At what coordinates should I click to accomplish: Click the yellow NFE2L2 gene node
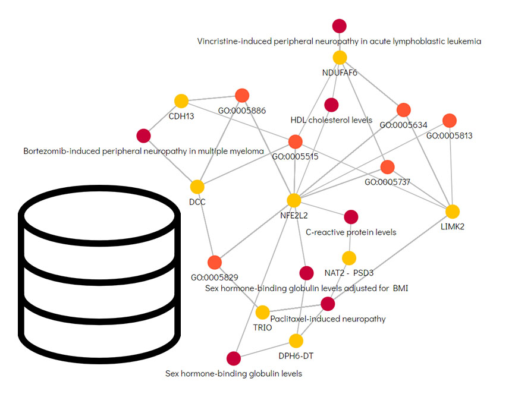pyautogui.click(x=294, y=200)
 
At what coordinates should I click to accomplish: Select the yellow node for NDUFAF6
pyautogui.click(x=340, y=58)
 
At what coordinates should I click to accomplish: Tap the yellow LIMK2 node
pyautogui.click(x=453, y=211)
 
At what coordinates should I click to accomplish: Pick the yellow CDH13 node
pyautogui.click(x=181, y=101)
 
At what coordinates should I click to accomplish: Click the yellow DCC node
pyautogui.click(x=197, y=187)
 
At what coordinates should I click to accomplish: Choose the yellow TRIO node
pyautogui.click(x=262, y=312)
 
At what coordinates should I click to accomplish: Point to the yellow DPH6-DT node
pyautogui.click(x=296, y=341)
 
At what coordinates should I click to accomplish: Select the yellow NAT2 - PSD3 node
pyautogui.click(x=349, y=258)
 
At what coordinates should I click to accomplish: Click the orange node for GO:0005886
pyautogui.click(x=242, y=95)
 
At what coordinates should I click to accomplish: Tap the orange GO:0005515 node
pyautogui.click(x=296, y=141)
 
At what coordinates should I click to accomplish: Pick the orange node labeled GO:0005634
pyautogui.click(x=404, y=110)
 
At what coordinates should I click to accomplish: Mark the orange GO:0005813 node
pyautogui.click(x=450, y=120)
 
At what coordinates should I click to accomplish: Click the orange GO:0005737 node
pyautogui.click(x=388, y=167)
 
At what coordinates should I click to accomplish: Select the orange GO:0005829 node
pyautogui.click(x=215, y=261)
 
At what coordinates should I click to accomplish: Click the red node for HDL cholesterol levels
pyautogui.click(x=331, y=105)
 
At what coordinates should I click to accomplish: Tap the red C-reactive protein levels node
pyautogui.click(x=351, y=216)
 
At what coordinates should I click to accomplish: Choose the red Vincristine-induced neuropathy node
pyautogui.click(x=340, y=26)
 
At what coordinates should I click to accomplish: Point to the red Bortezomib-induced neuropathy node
pyautogui.click(x=143, y=136)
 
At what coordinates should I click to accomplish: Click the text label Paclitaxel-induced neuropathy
pyautogui.click(x=328, y=319)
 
